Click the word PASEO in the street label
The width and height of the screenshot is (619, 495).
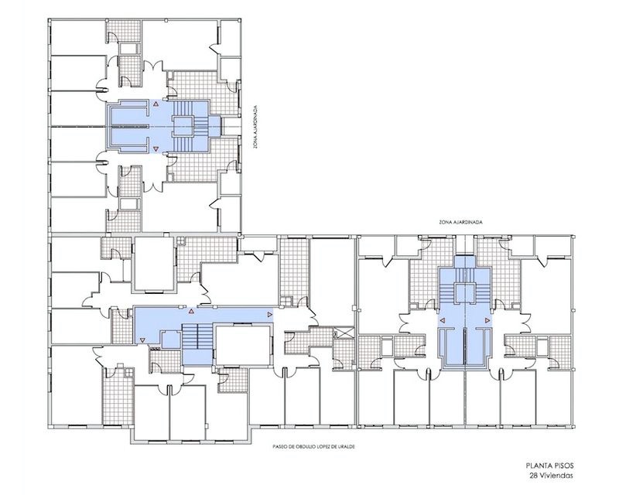click(x=279, y=447)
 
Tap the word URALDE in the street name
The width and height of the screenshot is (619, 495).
click(x=347, y=447)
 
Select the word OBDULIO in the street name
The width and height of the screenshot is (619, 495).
click(x=304, y=447)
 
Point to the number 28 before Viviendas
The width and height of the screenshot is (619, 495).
click(x=534, y=476)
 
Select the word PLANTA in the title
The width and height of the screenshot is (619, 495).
click(x=539, y=466)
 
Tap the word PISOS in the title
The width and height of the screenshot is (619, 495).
click(x=563, y=466)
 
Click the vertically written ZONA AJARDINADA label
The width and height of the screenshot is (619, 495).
click(x=256, y=127)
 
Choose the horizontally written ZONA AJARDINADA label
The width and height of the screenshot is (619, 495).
click(x=460, y=222)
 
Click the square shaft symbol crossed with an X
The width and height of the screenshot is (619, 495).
click(x=344, y=332)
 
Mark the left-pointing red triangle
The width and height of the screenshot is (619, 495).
click(x=443, y=320)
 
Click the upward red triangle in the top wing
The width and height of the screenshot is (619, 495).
click(x=156, y=104)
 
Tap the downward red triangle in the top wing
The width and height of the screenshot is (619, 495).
click(x=156, y=148)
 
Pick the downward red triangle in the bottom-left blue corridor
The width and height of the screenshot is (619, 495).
click(x=142, y=340)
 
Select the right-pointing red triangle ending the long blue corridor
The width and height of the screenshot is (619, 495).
click(x=270, y=314)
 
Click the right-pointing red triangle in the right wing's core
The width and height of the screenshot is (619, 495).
click(x=487, y=320)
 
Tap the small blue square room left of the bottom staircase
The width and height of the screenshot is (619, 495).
click(x=171, y=340)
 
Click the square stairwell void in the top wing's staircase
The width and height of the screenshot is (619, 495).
click(x=183, y=126)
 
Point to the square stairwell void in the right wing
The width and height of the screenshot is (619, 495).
click(x=465, y=293)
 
